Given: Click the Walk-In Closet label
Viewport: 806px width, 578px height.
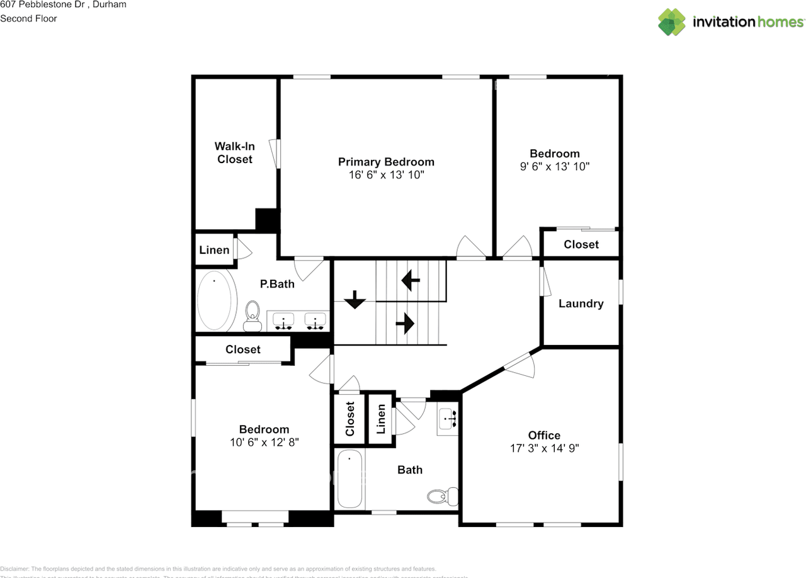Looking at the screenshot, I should click(235, 153).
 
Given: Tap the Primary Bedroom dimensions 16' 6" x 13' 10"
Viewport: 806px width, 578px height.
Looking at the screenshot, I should click(386, 175).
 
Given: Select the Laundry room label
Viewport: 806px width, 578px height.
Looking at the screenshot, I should click(581, 303).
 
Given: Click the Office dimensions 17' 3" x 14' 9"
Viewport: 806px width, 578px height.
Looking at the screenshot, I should click(544, 448).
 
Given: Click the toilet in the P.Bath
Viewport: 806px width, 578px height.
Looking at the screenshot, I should click(253, 313).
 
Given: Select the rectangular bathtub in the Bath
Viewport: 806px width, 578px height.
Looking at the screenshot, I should click(349, 479).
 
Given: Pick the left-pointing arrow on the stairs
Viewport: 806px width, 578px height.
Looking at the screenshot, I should click(411, 280).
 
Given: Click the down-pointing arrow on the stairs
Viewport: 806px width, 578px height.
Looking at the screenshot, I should click(355, 299).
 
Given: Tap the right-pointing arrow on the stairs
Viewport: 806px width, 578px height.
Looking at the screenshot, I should click(404, 324).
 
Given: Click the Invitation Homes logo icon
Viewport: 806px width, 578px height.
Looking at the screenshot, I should click(672, 22).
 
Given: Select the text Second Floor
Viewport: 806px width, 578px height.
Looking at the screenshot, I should click(28, 18).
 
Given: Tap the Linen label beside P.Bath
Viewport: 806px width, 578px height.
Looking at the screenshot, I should click(214, 250).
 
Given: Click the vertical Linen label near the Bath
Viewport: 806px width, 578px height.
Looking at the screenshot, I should click(381, 419).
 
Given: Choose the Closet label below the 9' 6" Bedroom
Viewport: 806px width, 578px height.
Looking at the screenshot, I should click(581, 244).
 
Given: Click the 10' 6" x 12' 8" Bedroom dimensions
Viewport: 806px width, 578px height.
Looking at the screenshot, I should click(264, 442).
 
